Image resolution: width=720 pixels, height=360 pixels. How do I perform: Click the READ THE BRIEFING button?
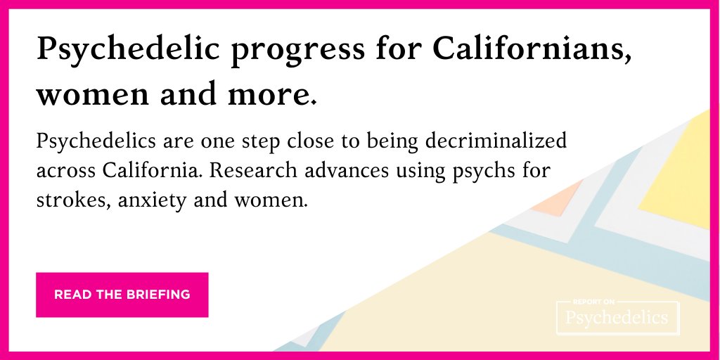122,295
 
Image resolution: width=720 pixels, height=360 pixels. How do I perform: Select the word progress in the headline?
266,51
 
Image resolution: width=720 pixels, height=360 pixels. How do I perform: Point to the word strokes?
67,200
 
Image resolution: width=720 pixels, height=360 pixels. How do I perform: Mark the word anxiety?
151,201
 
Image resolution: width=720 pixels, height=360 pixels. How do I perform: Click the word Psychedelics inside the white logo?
617,319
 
